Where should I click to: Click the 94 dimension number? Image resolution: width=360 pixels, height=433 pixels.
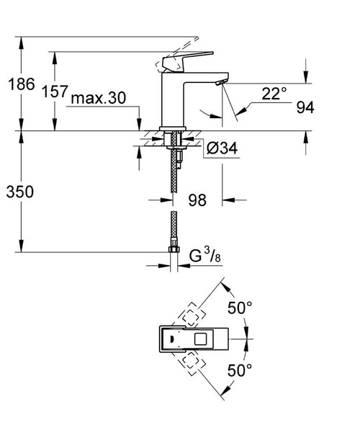pos(305,109)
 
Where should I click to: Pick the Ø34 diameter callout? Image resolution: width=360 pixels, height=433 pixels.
pos(222,148)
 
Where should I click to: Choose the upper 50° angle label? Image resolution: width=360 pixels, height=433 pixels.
pos(240,308)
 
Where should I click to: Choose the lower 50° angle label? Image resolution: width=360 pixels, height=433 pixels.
pos(240,370)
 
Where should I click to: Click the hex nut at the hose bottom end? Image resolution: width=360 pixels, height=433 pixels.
pos(173,251)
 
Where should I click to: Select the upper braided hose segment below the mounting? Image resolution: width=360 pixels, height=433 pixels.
pos(173,173)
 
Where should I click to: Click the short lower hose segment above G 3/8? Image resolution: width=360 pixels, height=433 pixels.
pos(173,229)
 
